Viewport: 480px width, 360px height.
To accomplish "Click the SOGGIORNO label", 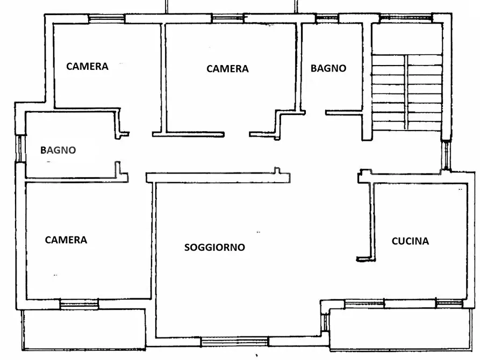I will [x=214, y=247].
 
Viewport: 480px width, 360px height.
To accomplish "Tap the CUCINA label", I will [x=410, y=241].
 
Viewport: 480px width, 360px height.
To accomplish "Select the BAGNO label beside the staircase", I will [x=328, y=68].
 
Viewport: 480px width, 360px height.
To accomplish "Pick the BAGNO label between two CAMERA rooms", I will [x=59, y=150].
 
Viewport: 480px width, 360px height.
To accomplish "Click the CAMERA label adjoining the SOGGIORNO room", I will [x=66, y=240].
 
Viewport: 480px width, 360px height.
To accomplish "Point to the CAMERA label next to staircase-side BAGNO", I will [x=227, y=69].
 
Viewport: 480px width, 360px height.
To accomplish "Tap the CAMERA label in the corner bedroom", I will [x=87, y=66].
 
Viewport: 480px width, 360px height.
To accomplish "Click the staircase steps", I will [x=407, y=91].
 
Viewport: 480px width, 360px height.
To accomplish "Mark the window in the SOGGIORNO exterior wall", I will [x=234, y=341].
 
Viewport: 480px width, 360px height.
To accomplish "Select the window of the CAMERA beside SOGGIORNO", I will [x=79, y=305].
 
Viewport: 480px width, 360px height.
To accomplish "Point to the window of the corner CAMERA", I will [x=106, y=18].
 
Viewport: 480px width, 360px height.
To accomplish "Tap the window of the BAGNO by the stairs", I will [x=327, y=18].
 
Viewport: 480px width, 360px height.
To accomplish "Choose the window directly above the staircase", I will [x=406, y=18].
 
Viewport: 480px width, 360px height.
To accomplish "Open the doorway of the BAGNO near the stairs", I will [x=315, y=113].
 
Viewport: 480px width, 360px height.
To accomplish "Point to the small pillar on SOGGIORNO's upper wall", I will [x=277, y=171].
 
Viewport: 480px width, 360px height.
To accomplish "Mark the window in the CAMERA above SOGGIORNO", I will [x=227, y=18].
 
